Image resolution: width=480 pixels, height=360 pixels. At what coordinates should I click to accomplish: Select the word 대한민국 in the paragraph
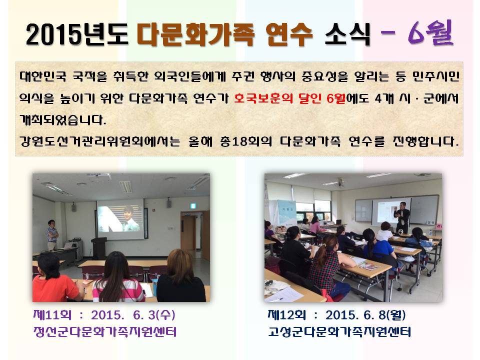(x=41, y=78)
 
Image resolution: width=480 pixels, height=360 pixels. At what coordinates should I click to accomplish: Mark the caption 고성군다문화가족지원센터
(x=338, y=332)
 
